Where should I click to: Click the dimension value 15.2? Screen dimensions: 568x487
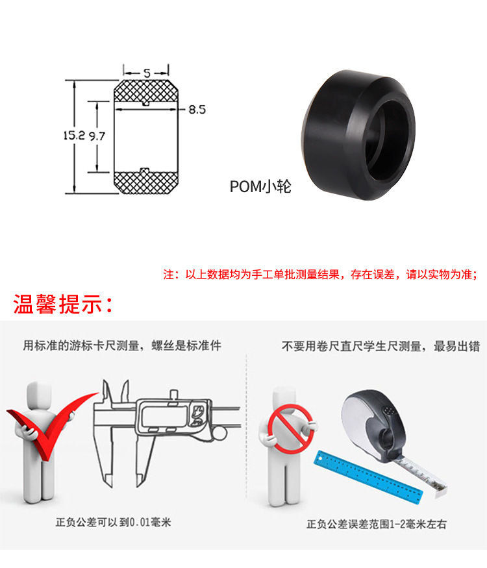(x=74, y=136)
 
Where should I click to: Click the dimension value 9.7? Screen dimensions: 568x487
(x=97, y=136)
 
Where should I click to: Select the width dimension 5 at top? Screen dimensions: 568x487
(x=146, y=73)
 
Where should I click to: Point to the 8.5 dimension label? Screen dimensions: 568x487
(x=197, y=110)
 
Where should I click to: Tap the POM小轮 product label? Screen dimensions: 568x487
(x=260, y=187)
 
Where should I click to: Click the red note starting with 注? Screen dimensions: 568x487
(x=319, y=274)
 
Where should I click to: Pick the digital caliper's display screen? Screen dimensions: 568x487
(x=166, y=415)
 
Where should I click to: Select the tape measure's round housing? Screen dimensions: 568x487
(x=373, y=422)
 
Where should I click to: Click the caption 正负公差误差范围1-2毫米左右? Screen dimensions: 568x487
(x=377, y=524)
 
